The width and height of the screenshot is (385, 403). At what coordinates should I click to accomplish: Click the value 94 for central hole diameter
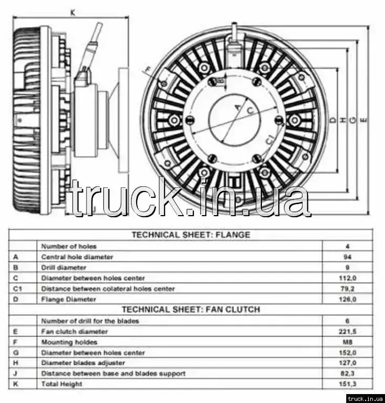coord(347,257)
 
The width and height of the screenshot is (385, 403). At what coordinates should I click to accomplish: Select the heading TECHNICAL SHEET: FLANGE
coord(190,235)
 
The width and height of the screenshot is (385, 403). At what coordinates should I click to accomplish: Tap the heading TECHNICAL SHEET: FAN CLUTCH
coord(191,310)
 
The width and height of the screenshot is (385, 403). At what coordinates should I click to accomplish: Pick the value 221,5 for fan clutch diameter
coord(347,332)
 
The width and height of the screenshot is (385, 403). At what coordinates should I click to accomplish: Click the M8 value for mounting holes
coord(347,342)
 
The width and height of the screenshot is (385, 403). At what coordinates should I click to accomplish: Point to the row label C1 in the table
coord(18,289)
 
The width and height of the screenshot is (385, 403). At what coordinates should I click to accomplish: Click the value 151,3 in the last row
coord(347,384)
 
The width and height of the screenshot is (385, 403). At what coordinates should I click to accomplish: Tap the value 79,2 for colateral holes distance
coord(347,289)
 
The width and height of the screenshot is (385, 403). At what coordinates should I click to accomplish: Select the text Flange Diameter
coord(69,299)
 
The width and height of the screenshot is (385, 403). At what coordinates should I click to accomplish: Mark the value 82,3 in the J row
coord(347,374)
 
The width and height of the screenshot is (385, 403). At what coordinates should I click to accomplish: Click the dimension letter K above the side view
coord(72,12)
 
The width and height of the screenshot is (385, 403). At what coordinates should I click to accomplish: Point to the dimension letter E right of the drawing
coord(365,120)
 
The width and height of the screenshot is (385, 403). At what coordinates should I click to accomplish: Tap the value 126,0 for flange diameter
coord(347,299)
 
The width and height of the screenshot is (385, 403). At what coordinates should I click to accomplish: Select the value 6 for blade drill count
coord(347,321)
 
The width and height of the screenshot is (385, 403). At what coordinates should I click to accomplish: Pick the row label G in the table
coord(16,353)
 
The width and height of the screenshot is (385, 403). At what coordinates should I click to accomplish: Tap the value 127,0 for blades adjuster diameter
coord(347,363)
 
